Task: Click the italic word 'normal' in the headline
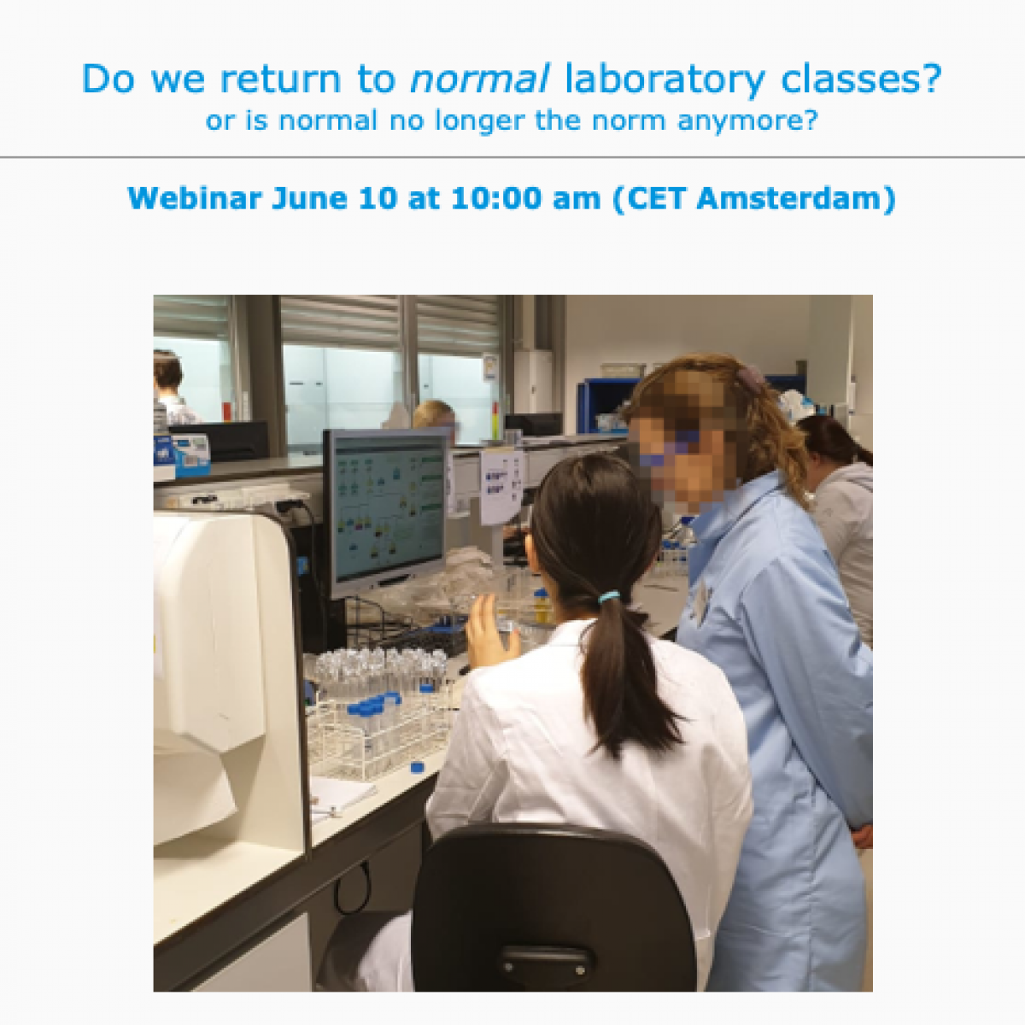click(x=479, y=79)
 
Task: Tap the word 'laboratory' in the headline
click(x=665, y=79)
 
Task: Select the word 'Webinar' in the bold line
click(x=195, y=199)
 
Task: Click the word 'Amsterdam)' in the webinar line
click(x=796, y=199)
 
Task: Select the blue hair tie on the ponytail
click(x=609, y=596)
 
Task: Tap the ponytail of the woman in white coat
click(x=624, y=675)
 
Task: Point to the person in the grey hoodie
click(x=841, y=512)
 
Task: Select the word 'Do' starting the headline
click(x=109, y=79)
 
